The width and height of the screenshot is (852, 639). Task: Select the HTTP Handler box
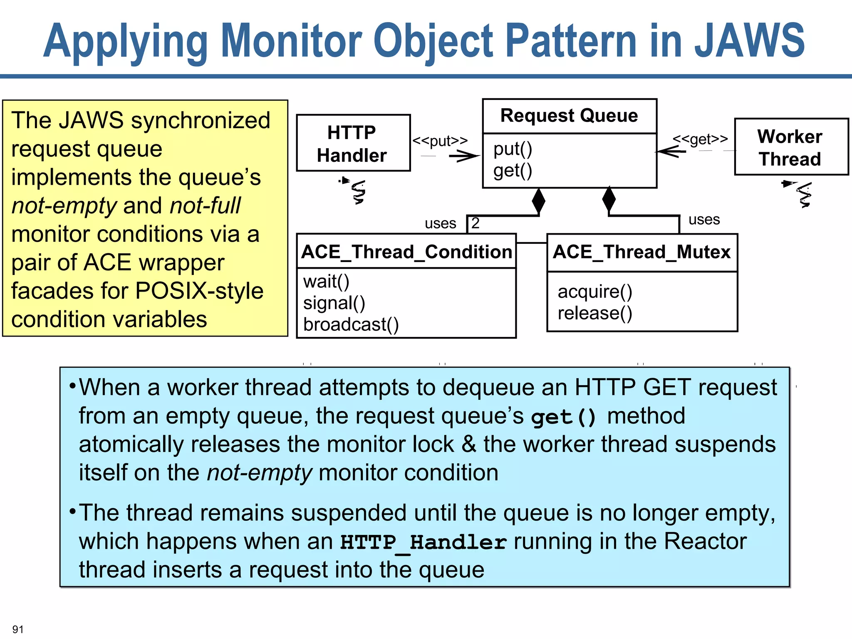[x=353, y=143]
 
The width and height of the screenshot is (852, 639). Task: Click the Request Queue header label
[x=569, y=116]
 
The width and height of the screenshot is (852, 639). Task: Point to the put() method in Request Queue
[x=513, y=149]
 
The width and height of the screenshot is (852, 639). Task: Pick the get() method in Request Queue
[x=513, y=171]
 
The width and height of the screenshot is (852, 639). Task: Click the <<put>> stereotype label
[x=440, y=141]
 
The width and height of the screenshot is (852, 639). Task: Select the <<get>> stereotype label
[x=700, y=139]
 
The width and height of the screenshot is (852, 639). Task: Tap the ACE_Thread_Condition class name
[x=406, y=252]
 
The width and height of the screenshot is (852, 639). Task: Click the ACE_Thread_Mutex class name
[x=641, y=252]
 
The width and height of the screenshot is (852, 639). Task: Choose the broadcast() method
[x=351, y=324]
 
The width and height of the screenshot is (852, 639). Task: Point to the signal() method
[x=334, y=303]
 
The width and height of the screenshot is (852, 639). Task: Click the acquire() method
[x=595, y=292]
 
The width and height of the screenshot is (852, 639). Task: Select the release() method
[x=595, y=313]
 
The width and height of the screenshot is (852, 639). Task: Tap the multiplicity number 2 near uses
[x=475, y=223]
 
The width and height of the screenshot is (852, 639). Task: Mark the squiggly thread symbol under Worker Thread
[x=803, y=195]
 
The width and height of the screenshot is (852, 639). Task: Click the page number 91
[x=18, y=629]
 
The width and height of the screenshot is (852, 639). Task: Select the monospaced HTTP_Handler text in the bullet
[x=423, y=542]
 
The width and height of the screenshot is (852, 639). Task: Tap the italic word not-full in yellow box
[x=205, y=206]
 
